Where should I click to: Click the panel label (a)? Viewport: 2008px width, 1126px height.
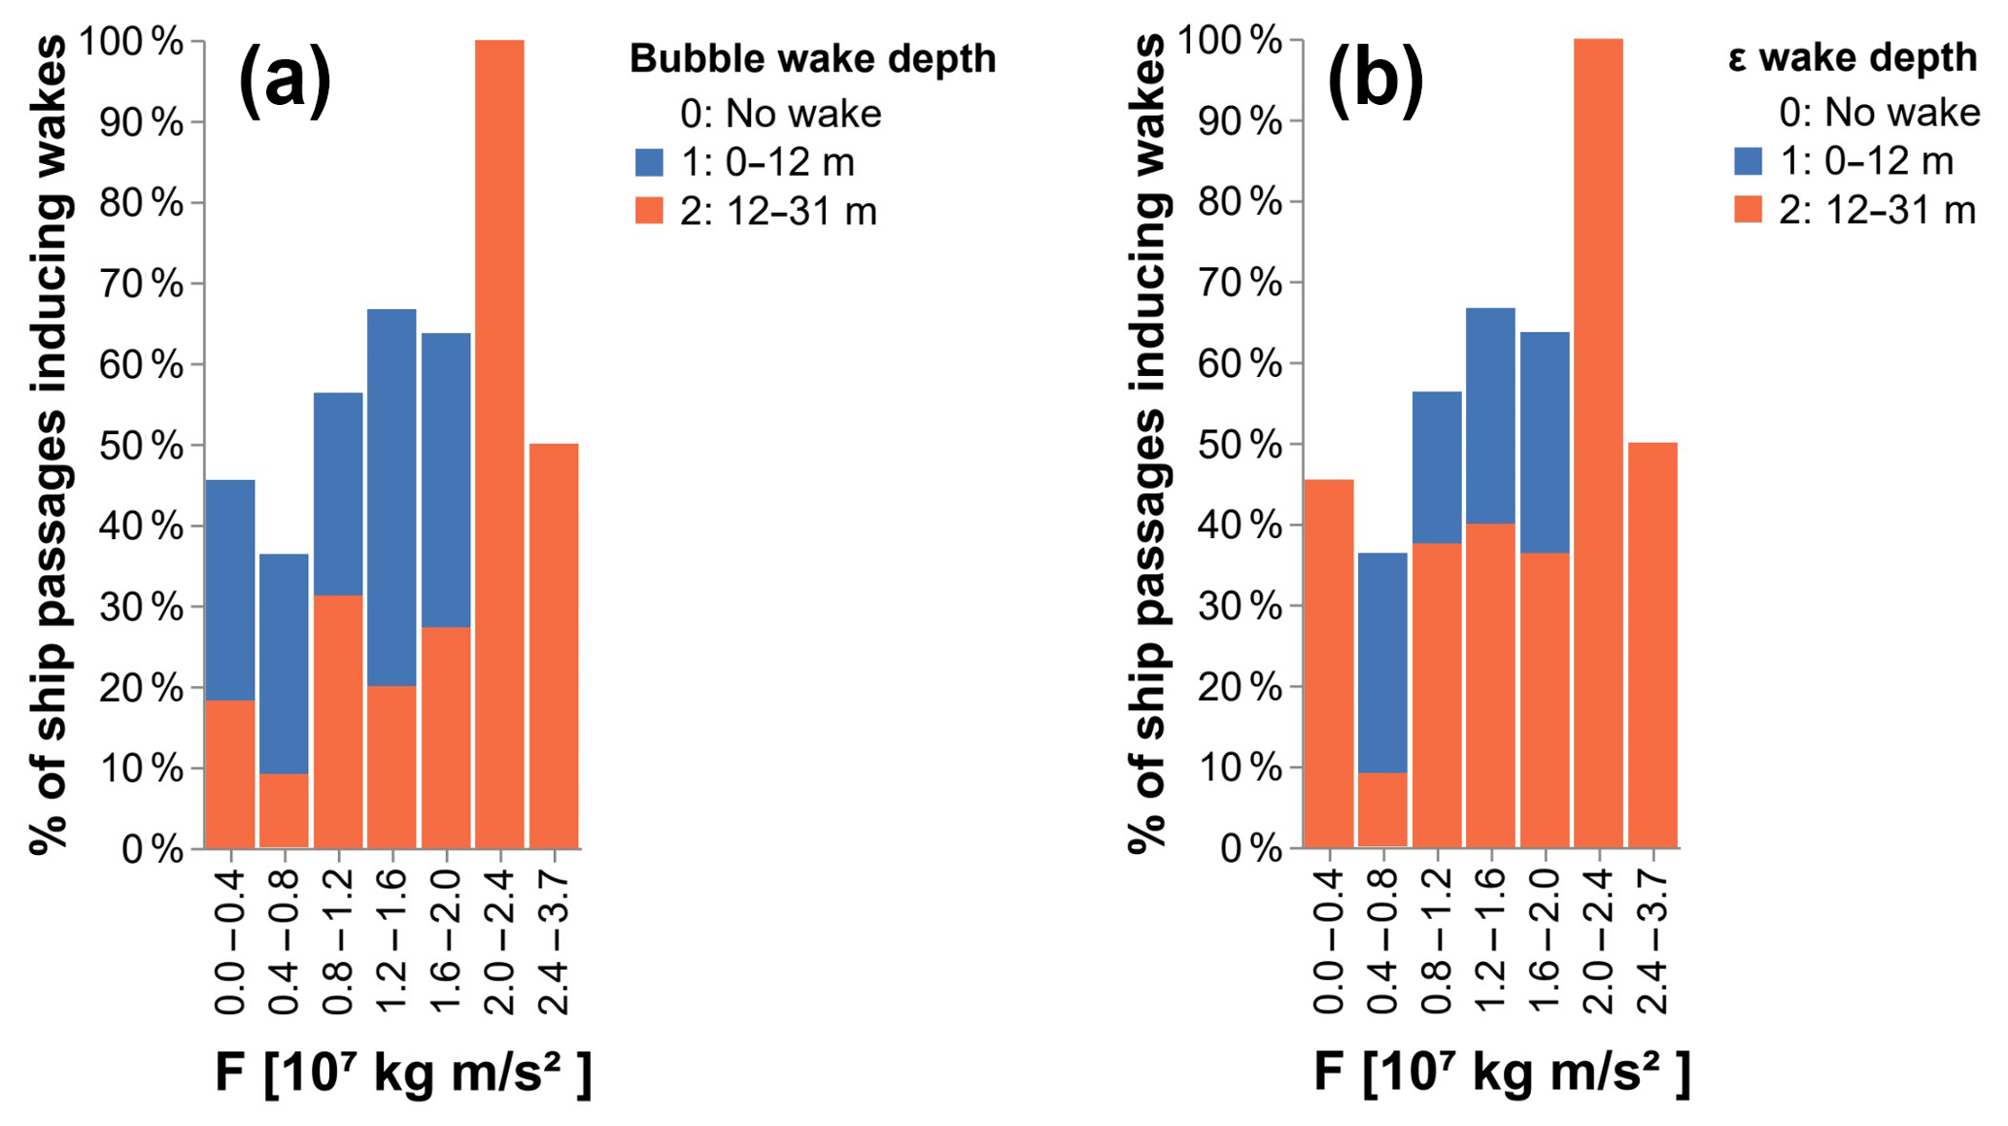click(285, 80)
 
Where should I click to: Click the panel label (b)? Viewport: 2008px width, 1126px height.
click(1376, 80)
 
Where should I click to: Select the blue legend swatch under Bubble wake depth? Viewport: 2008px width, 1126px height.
click(649, 162)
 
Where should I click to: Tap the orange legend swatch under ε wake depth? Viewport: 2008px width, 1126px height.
click(1748, 210)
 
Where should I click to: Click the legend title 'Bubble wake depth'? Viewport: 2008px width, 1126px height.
click(812, 58)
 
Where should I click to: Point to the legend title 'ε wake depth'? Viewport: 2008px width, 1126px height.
click(1852, 57)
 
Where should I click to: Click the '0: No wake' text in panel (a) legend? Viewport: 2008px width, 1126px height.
click(780, 114)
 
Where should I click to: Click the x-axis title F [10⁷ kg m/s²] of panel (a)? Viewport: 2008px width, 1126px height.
click(402, 1074)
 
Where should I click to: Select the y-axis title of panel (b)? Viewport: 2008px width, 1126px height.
click(1148, 444)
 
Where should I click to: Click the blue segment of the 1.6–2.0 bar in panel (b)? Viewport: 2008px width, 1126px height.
click(1545, 443)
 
